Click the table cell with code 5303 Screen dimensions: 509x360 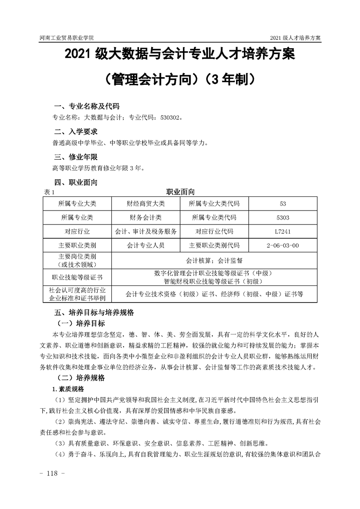coord(283,217)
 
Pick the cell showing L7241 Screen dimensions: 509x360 coord(283,231)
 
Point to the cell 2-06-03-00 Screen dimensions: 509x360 coord(283,246)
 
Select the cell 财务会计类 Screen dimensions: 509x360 coord(146,217)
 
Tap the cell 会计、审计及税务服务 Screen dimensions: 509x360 coord(146,231)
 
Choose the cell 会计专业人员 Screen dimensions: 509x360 coord(146,246)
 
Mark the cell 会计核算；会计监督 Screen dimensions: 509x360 coord(214,260)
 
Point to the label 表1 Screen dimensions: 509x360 coord(49,192)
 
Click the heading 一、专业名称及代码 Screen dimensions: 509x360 coord(86,107)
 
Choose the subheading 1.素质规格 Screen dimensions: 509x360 coord(70,389)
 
